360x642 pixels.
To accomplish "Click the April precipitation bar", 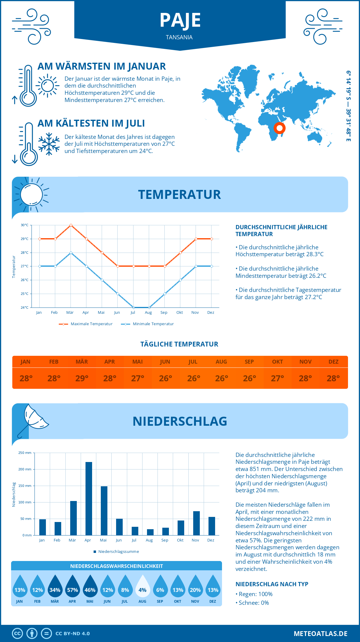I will click(x=89, y=499).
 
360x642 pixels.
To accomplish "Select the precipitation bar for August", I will click(x=150, y=532).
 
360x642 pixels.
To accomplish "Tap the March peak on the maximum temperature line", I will click(x=71, y=225).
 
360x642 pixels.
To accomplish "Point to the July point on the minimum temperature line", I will click(x=133, y=307).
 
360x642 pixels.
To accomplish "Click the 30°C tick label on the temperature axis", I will click(x=25, y=225).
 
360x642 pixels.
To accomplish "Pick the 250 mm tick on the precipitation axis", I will click(x=25, y=453).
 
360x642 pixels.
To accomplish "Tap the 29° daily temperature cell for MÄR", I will click(x=82, y=378).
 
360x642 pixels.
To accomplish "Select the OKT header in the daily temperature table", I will click(x=277, y=362).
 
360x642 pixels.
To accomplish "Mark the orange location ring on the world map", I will click(x=279, y=128).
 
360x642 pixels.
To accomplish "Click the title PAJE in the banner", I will click(x=180, y=20).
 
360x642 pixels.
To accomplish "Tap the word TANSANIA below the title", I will click(x=179, y=37).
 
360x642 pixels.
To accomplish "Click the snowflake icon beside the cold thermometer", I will click(x=49, y=144).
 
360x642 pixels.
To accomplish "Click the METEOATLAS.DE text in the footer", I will click(x=320, y=634).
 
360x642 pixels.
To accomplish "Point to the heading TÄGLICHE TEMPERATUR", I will click(x=179, y=344).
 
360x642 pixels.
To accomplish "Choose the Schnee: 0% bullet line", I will click(x=252, y=603).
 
